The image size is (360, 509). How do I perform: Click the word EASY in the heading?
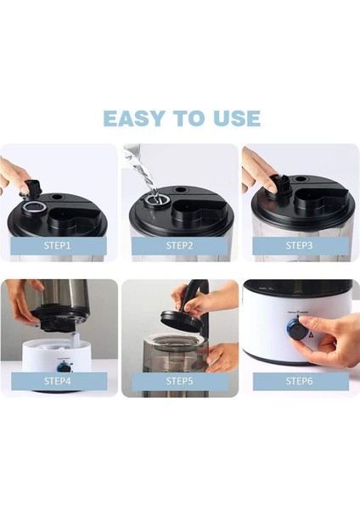(x=134, y=118)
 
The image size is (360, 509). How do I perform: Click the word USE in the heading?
(x=237, y=118)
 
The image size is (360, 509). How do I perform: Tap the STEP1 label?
(x=57, y=245)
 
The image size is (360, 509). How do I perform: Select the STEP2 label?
(x=179, y=245)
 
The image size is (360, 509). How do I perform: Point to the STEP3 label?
(x=299, y=245)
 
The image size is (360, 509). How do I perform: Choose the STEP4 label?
(x=57, y=380)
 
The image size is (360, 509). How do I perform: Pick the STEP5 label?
(x=179, y=380)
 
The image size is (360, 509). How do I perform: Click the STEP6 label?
(x=299, y=380)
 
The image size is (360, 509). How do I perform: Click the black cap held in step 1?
(x=32, y=188)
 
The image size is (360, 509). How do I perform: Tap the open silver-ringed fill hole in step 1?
(x=32, y=207)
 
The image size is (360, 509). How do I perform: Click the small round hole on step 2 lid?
(x=179, y=189)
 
